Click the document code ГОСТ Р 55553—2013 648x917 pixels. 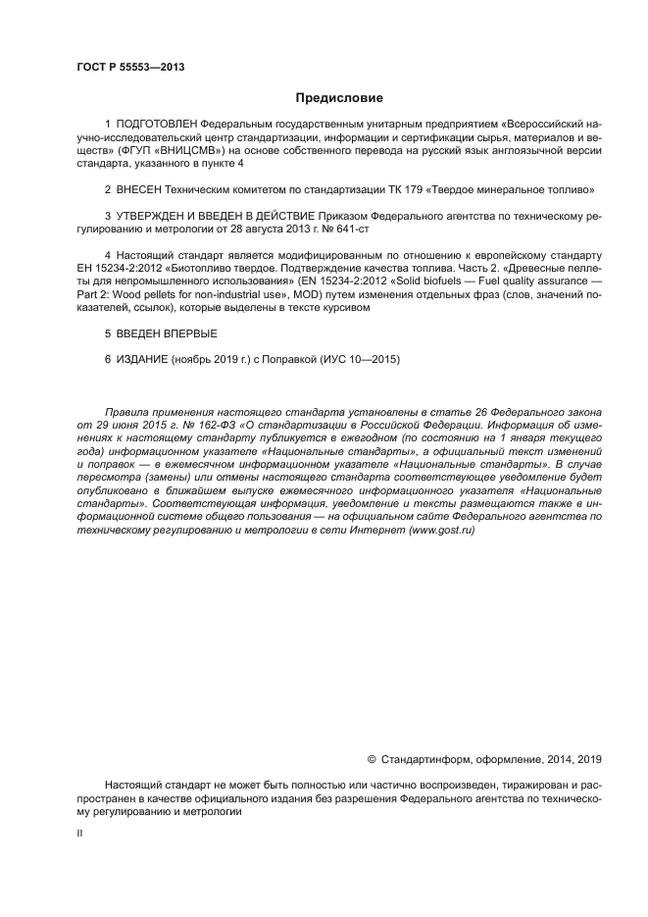pos(130,67)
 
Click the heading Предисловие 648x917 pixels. pos(339,98)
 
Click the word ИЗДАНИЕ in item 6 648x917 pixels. pos(142,359)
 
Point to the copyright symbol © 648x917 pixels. pos(372,758)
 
